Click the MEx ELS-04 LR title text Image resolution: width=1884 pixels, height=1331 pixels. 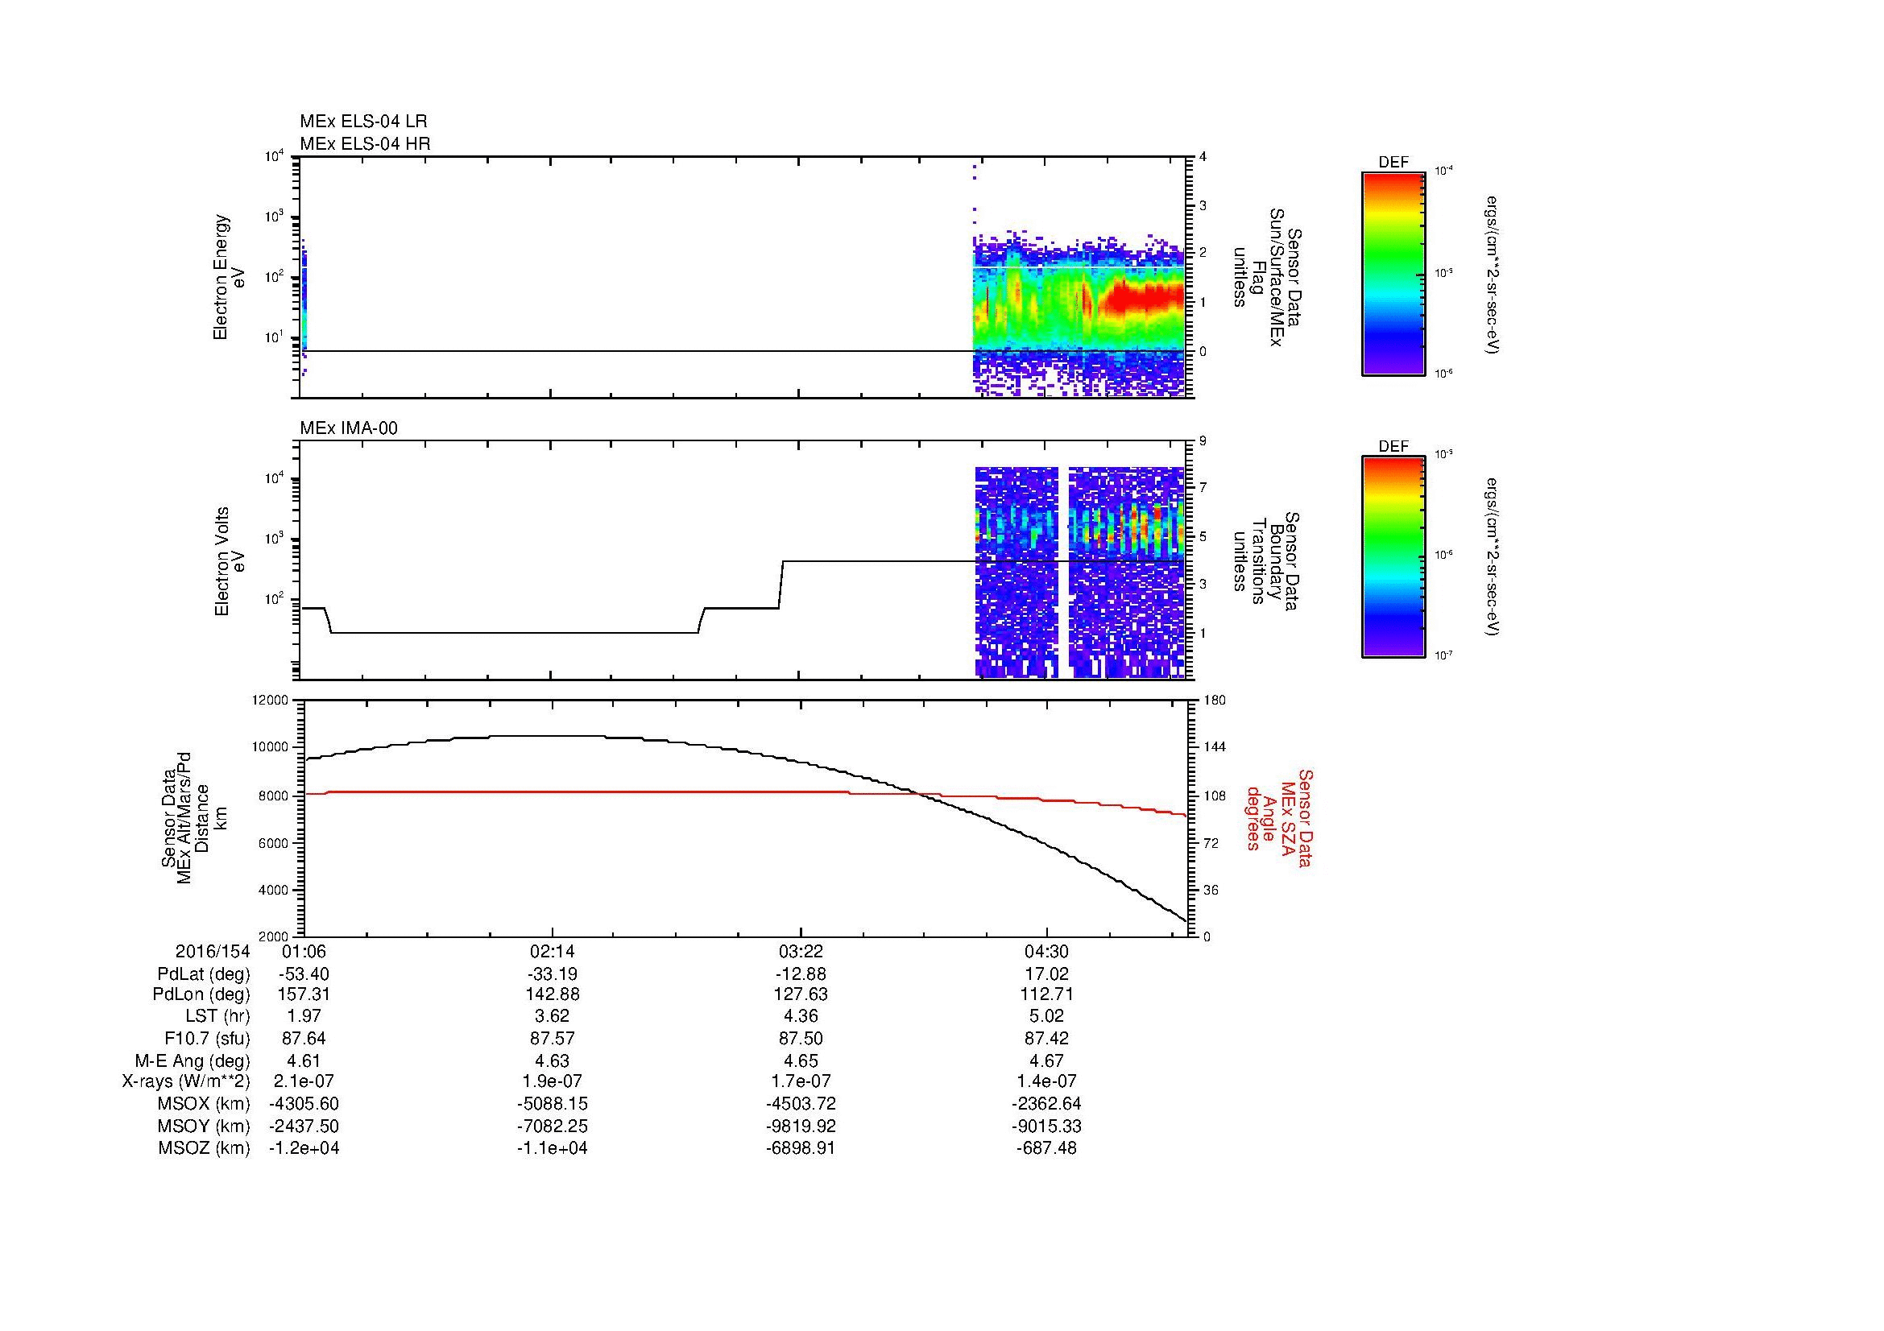tap(362, 122)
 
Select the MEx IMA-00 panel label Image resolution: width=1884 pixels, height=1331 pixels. tap(349, 428)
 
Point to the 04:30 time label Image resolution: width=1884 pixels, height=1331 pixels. tap(1046, 952)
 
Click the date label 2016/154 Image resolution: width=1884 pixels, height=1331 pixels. tap(212, 952)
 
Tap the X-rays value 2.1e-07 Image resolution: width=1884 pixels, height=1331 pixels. tap(304, 1081)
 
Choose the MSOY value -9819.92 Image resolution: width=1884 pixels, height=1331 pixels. tap(800, 1126)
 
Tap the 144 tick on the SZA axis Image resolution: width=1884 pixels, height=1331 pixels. tap(1214, 747)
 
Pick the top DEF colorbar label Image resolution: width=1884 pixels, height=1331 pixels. tap(1393, 163)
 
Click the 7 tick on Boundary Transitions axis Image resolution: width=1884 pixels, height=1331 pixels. tap(1203, 488)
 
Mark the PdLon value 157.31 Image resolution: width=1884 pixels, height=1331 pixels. tap(304, 994)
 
